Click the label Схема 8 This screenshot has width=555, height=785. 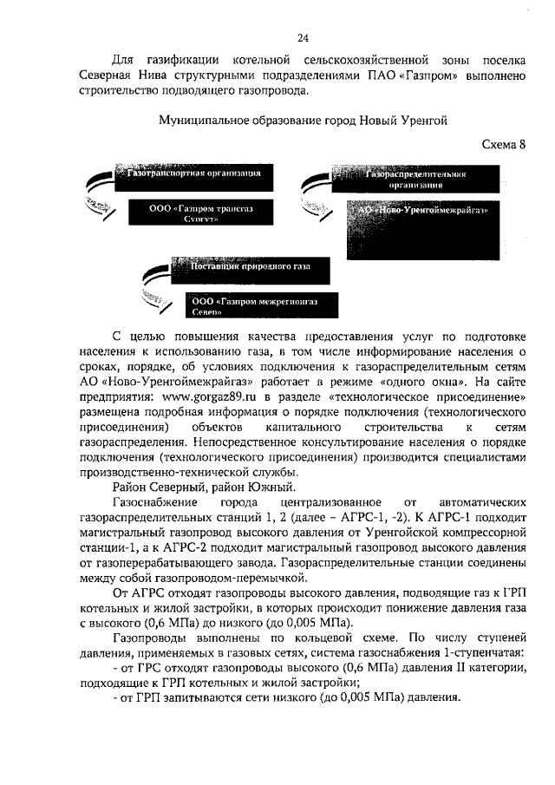coord(503,144)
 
